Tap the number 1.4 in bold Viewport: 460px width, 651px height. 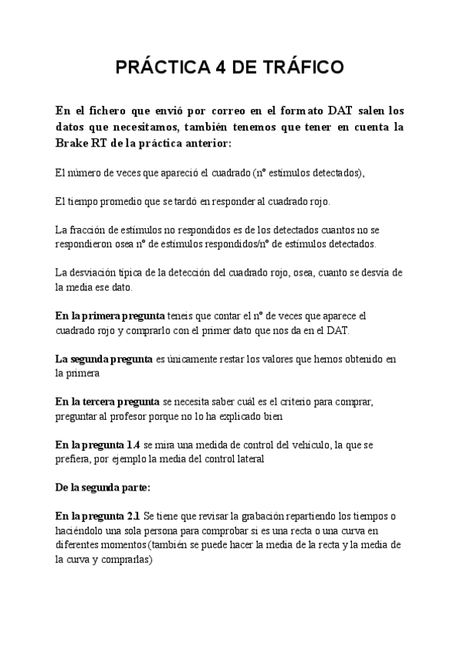click(132, 444)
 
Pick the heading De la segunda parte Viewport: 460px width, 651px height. click(103, 487)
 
